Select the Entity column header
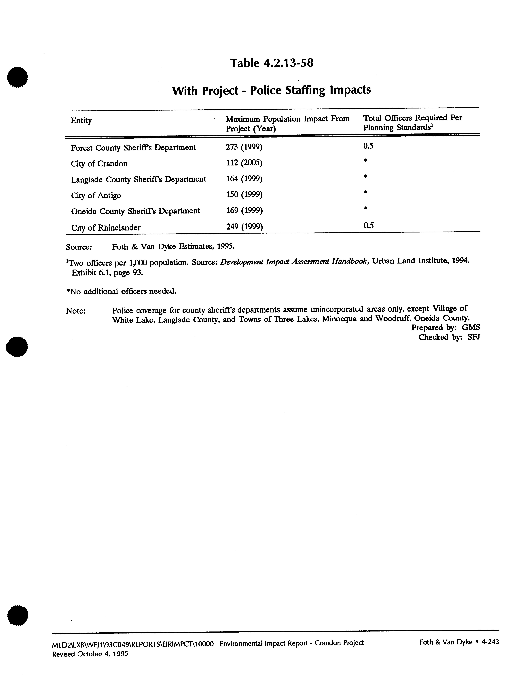coord(81,121)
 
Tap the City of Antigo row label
coord(96,195)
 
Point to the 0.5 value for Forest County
coord(368,146)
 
